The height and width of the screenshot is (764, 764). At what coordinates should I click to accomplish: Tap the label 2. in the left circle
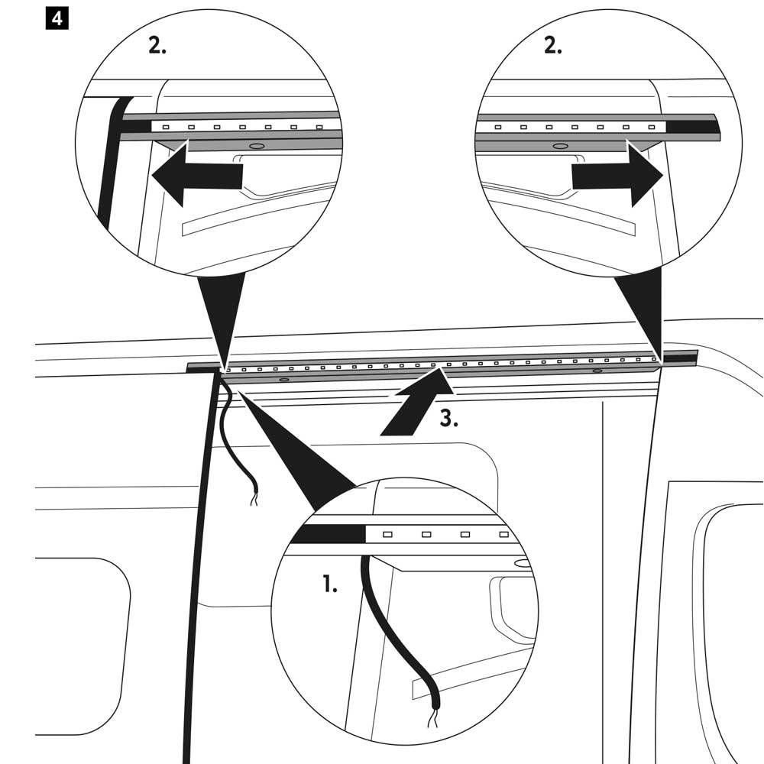(157, 46)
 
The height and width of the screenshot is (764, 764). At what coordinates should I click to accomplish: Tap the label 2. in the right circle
(552, 46)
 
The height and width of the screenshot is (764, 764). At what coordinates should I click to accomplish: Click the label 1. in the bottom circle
(329, 586)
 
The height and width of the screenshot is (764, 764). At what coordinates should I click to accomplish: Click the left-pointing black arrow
(196, 175)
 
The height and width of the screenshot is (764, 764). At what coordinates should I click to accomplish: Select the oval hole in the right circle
(560, 144)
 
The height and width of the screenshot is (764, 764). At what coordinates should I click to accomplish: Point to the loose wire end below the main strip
(253, 500)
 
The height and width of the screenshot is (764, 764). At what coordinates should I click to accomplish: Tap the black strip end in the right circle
(691, 126)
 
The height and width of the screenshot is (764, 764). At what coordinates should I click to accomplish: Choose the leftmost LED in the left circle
(167, 126)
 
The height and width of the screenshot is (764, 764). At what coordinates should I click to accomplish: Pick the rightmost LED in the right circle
(651, 126)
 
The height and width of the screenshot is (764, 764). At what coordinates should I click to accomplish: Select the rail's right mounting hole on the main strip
(597, 370)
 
